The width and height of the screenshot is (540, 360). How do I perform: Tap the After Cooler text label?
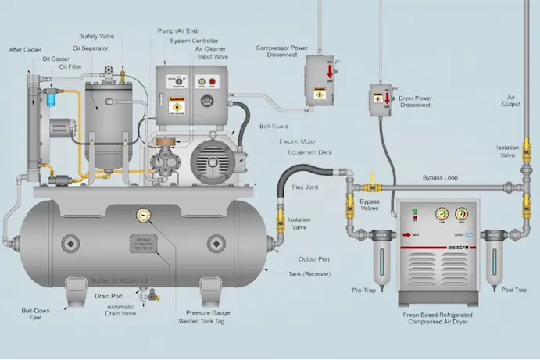(25, 51)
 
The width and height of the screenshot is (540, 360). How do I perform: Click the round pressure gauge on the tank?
(144, 215)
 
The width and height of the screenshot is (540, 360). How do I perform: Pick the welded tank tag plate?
(145, 243)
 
